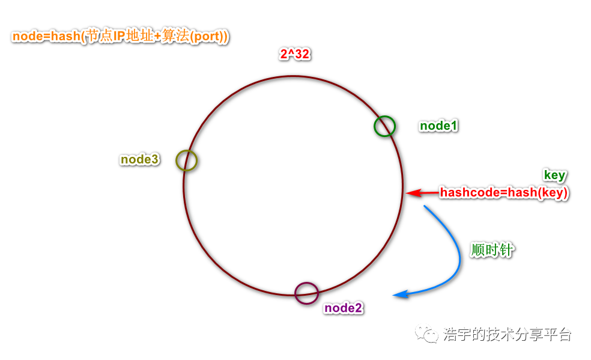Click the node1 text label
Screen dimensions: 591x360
coord(438,126)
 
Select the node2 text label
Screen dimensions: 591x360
coord(344,308)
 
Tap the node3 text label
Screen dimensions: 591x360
coord(140,159)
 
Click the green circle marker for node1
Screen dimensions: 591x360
coord(384,126)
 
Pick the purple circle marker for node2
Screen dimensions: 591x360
coord(306,293)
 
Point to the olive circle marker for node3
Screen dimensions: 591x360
coord(186,160)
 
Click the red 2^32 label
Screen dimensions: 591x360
coord(294,54)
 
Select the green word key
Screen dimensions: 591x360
coord(554,175)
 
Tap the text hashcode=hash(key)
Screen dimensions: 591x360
coord(504,193)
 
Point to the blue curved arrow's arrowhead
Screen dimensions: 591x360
coord(399,294)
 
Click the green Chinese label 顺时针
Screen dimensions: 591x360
coord(492,250)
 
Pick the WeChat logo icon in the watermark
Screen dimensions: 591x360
coord(429,334)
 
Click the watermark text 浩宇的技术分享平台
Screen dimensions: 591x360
coord(508,334)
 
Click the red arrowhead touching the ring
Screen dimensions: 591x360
coord(410,193)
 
